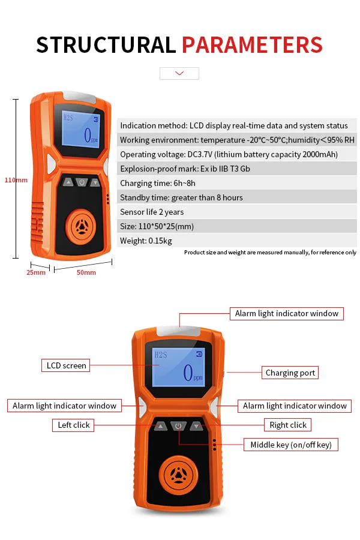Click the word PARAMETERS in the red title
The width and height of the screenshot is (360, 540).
252,45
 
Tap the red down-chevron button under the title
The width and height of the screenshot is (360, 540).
179,73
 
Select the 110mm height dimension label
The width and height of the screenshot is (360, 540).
16,180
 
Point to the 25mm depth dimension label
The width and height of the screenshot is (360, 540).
35,272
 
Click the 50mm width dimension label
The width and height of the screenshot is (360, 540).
86,272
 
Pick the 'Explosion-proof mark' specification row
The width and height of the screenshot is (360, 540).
236,169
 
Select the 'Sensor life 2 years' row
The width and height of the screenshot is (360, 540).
236,212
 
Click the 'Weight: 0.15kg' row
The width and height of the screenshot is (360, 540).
236,241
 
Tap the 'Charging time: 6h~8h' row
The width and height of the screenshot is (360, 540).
236,183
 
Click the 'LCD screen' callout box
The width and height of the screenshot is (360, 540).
66,365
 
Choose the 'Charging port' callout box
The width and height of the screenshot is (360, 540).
290,373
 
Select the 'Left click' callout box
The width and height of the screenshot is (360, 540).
73,425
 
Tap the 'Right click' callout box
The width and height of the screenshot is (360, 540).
288,425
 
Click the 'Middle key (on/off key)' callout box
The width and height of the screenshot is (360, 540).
291,445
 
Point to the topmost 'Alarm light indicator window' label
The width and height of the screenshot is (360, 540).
287,313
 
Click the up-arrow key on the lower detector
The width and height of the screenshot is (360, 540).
160,426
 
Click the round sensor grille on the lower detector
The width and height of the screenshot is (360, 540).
179,474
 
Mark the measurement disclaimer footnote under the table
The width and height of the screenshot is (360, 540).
270,253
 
